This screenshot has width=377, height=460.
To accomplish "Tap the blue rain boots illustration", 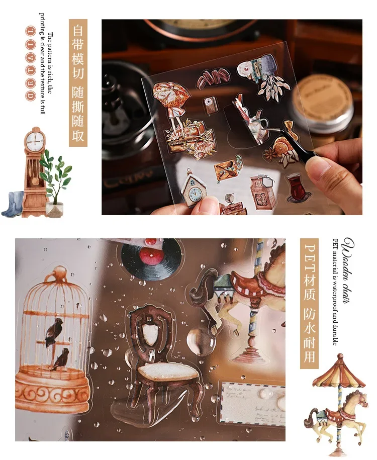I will [13, 205].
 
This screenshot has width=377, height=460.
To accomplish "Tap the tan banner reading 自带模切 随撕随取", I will [78, 83].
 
